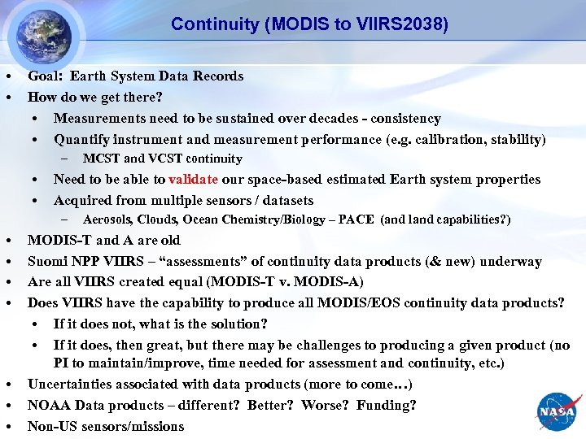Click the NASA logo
557,411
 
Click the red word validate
195,180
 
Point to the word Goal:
46,76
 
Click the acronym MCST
101,159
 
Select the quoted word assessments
190,262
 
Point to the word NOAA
47,405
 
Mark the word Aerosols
107,219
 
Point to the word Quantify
83,140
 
